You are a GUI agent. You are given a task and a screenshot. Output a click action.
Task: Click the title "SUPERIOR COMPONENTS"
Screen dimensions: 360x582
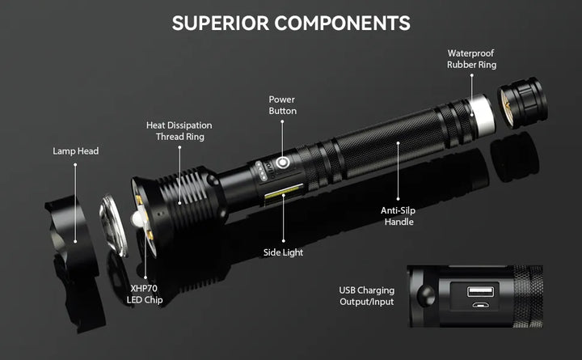(x=291, y=23)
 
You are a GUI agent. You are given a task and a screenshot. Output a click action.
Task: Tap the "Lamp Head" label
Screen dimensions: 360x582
(x=76, y=150)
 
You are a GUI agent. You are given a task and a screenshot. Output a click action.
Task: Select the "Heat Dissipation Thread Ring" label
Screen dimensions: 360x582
(x=179, y=131)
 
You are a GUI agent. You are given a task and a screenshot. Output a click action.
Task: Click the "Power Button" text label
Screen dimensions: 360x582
(x=283, y=104)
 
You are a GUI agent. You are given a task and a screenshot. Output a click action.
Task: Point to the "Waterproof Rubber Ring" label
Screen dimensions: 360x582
(x=471, y=59)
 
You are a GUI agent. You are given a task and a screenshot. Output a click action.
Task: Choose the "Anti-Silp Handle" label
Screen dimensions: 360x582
(x=399, y=215)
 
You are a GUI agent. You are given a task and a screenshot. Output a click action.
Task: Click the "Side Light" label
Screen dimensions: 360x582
(x=283, y=252)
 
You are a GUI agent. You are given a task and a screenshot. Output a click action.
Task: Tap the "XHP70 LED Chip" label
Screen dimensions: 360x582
(x=146, y=294)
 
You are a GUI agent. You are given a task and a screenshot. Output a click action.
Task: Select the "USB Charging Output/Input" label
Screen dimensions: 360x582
(x=367, y=296)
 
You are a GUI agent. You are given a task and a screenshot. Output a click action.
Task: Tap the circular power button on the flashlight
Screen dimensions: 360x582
(x=283, y=164)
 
